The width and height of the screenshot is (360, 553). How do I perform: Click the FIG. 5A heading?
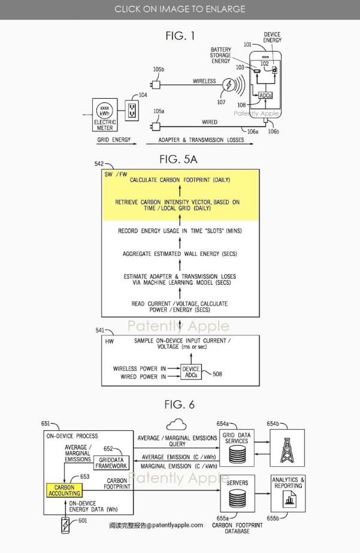point(178,159)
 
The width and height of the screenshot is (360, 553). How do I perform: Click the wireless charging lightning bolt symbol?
point(229,86)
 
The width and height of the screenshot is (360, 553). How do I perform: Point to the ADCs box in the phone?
point(265,95)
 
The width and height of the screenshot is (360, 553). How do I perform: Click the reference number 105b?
point(158,69)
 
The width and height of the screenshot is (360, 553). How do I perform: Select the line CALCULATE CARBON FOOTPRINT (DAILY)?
point(180,180)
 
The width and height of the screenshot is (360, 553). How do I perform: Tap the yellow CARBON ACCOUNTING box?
point(64,491)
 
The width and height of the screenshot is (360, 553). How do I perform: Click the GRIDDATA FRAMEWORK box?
point(111,463)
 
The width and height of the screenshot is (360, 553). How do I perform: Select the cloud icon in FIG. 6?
point(176,425)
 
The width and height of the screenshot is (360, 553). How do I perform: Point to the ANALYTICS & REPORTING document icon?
point(289,498)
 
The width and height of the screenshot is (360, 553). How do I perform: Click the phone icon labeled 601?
point(64,525)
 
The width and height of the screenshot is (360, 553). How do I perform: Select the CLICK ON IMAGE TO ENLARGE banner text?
point(180,9)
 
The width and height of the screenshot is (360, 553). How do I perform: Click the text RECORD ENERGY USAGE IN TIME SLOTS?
point(180,231)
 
